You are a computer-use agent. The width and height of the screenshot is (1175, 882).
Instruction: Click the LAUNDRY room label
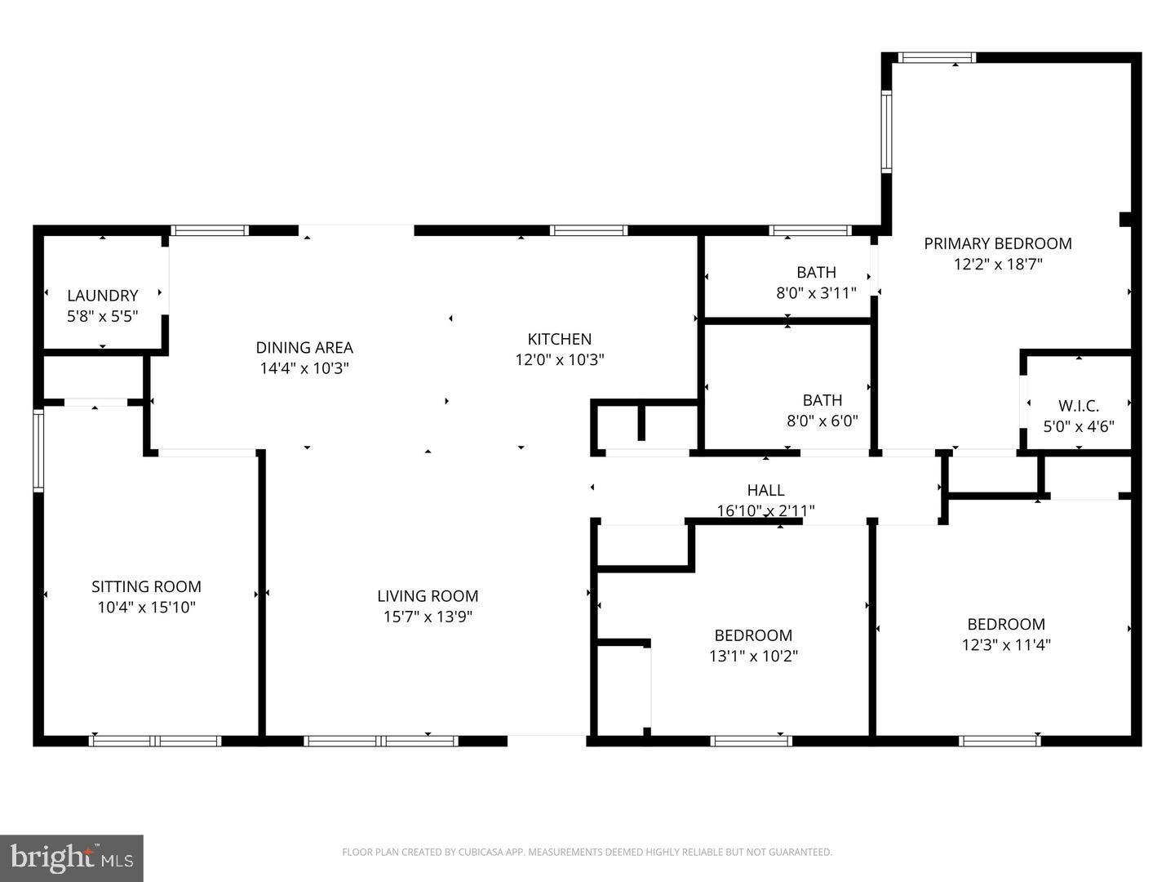coord(102,296)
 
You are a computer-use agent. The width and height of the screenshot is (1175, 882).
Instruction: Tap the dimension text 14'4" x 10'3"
coord(304,368)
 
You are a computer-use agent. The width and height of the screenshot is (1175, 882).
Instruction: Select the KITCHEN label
coord(559,339)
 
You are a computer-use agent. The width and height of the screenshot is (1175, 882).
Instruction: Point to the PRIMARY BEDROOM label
coord(997,243)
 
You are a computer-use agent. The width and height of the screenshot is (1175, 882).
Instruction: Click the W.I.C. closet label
coord(1078,406)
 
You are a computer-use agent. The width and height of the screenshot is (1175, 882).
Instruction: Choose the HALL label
coord(765,490)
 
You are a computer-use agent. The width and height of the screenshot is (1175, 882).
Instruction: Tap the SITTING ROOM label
coord(146,586)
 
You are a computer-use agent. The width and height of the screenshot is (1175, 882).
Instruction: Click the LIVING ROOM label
coord(428,596)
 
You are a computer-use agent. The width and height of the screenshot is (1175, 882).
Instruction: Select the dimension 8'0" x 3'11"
coord(816,292)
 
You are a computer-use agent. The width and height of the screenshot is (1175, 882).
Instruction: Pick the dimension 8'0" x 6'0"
coord(822,421)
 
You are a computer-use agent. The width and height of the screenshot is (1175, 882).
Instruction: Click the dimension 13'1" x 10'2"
coord(753,656)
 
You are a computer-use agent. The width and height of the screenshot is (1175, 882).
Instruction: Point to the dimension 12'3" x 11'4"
coord(1005,645)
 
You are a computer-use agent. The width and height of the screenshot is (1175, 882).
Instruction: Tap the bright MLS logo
coord(72,857)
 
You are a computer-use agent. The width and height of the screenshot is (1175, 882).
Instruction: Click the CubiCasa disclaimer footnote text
coord(587,853)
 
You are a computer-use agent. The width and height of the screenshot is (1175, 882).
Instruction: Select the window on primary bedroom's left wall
coord(886,131)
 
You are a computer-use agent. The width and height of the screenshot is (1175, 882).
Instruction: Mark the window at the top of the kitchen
coord(588,230)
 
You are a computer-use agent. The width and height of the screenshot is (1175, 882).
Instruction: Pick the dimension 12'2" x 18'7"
coord(997,265)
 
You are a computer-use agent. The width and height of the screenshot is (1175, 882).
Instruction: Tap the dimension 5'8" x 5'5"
coord(102,317)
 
